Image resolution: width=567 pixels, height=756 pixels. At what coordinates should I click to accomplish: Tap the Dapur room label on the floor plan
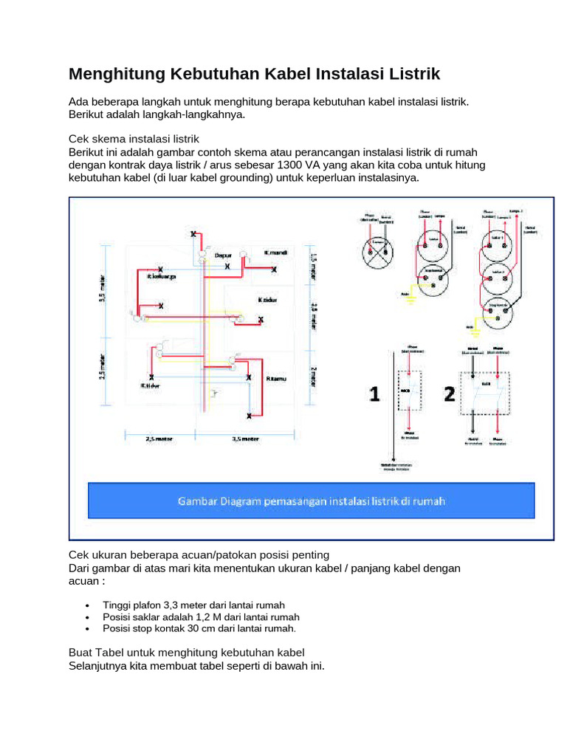tap(223, 255)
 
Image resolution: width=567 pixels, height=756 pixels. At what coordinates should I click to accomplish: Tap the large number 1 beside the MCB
tap(374, 395)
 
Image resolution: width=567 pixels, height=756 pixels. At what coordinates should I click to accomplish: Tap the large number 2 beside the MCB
tap(449, 395)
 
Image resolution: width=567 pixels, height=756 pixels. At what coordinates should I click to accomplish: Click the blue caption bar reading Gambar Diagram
tap(311, 501)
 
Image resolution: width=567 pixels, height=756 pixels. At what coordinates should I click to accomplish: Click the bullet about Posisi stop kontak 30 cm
tap(199, 629)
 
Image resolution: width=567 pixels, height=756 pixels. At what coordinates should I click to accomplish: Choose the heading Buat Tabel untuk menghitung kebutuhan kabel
tap(186, 653)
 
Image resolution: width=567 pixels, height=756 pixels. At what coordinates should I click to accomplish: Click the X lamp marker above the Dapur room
tap(194, 234)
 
